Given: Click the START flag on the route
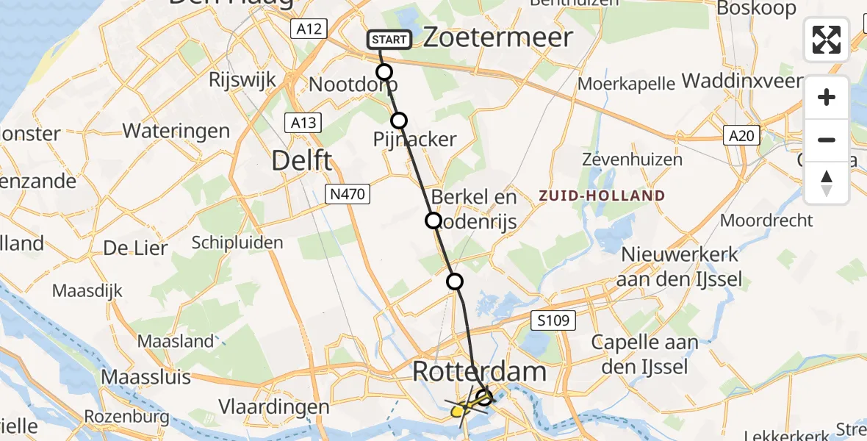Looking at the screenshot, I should point(388,39).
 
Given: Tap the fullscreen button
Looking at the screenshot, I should point(827,39).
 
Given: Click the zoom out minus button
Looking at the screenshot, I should point(827,140).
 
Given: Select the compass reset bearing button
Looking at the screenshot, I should point(827,182).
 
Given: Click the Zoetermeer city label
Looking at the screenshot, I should point(498,37).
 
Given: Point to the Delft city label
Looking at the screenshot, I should point(302,160).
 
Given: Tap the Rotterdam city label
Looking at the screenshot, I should point(479,371).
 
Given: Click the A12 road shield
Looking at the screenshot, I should point(308,29).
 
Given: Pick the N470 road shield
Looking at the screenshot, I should point(348,194).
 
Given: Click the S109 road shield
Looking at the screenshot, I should point(552,320).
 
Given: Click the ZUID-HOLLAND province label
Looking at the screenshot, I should point(602,196).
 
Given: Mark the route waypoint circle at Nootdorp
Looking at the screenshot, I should point(384,72).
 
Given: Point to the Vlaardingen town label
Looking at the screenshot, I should point(274,407).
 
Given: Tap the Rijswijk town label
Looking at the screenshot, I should point(242,79).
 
